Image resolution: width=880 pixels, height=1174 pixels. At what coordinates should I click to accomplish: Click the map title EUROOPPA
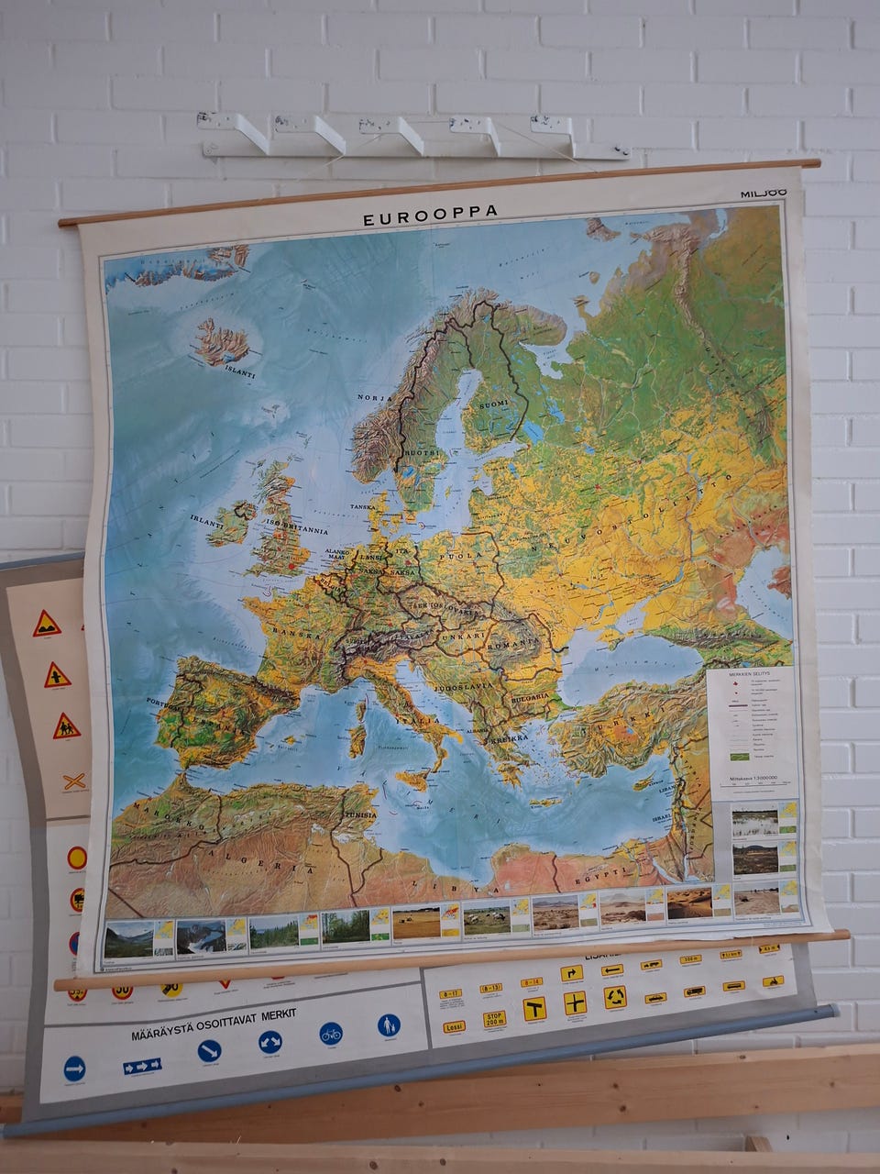pos(430,214)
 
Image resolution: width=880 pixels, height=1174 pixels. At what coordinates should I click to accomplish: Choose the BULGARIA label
pos(530,696)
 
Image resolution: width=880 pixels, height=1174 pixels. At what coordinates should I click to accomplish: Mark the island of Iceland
pos(221,342)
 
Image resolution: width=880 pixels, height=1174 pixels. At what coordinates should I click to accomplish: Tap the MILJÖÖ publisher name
pos(763,194)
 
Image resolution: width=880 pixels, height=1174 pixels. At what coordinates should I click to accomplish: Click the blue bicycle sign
pos(331,1035)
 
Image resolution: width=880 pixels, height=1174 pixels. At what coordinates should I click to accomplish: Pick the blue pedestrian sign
pos(389,1025)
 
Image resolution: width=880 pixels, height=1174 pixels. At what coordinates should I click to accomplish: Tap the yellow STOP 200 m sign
pos(494,1019)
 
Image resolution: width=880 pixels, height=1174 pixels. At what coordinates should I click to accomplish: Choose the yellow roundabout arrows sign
pos(615,996)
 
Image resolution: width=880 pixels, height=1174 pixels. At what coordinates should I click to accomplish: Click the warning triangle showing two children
pos(66,728)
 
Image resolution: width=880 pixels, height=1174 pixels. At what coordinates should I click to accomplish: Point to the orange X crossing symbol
pos(74,782)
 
